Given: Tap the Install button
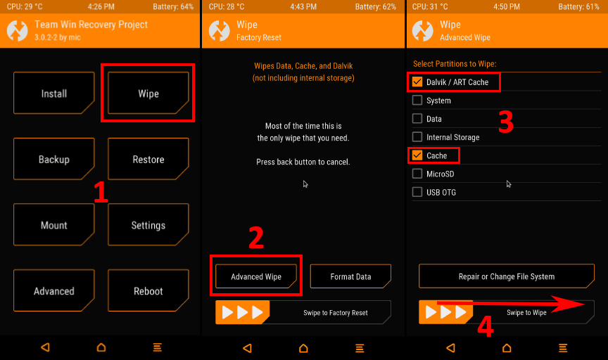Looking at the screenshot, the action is click(54, 93).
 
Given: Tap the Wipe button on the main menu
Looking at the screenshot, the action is click(148, 93).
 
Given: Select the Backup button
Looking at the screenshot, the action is click(54, 159).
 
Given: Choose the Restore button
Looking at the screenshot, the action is click(148, 159).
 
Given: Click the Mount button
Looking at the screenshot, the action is click(54, 225).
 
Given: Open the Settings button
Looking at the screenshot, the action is click(148, 225).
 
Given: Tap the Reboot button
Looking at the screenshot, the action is click(148, 290).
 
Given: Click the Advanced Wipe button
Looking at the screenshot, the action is click(256, 276).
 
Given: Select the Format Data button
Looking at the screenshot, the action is click(350, 276).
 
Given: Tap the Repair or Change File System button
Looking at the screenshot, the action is click(507, 276).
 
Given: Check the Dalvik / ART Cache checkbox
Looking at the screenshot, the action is click(417, 82).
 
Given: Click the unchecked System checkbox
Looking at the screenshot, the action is click(417, 101).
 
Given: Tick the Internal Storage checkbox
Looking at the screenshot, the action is click(417, 137).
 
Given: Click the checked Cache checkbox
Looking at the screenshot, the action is click(417, 155).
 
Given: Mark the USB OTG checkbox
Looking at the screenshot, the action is click(417, 192).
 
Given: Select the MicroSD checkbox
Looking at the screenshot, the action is click(417, 174).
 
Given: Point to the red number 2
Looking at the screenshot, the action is click(256, 238).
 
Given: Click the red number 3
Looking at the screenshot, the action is click(506, 122).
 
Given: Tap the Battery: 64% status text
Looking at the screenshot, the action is click(173, 6).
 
